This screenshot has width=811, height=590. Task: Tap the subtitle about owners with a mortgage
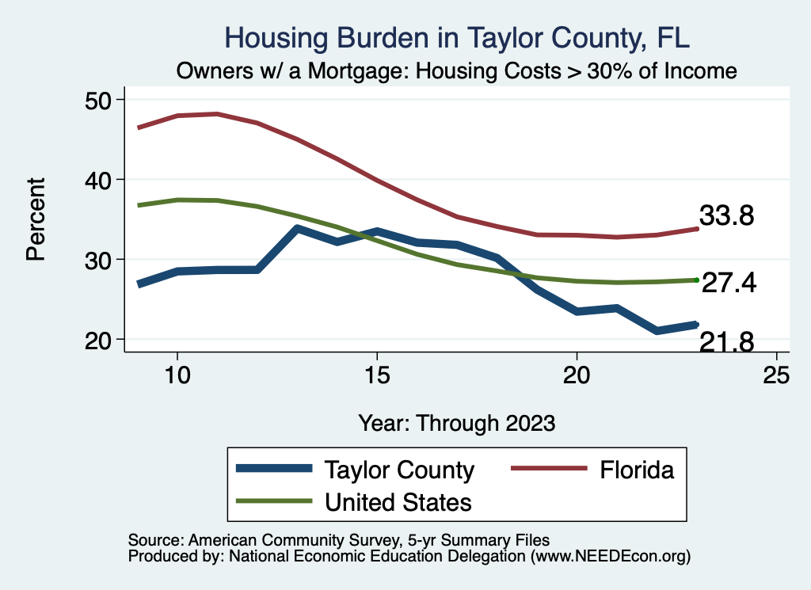click(457, 70)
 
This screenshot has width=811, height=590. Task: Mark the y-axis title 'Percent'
click(35, 219)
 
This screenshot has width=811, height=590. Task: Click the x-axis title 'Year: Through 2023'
click(457, 422)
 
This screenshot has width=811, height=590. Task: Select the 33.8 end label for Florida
click(726, 215)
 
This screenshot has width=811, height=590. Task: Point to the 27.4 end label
click(729, 284)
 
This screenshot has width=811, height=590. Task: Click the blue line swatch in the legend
click(274, 470)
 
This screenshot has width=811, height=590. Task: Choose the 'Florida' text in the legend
click(637, 470)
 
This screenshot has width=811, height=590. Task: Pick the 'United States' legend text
click(398, 501)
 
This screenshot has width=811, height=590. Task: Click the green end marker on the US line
click(696, 280)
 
